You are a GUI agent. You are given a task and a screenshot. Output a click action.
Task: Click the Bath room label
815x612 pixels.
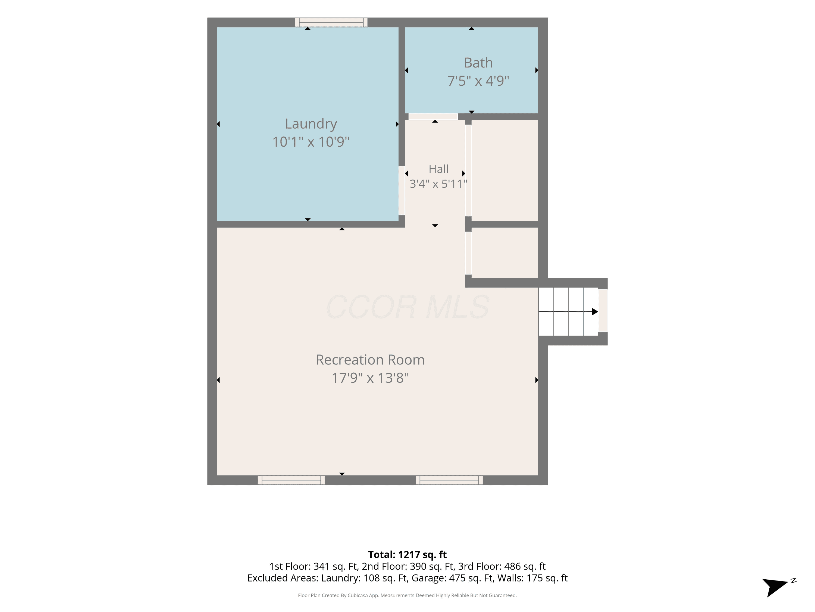coord(478,63)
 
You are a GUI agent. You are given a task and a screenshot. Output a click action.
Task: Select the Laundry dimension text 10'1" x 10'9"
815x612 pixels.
coord(311,142)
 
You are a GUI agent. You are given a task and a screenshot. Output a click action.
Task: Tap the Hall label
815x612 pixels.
coord(438,169)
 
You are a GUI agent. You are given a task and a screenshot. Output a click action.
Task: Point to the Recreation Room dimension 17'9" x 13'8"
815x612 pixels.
coord(370,378)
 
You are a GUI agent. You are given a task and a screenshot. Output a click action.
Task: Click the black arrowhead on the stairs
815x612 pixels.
coord(595,312)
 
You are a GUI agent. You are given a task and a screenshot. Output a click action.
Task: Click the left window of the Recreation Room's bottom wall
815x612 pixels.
coord(291,480)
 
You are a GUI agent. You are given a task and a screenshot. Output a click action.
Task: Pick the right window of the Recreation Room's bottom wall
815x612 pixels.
coord(449,480)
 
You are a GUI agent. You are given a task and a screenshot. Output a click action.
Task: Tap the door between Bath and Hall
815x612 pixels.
coord(433,117)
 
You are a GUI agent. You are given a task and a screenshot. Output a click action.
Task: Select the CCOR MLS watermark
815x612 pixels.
coord(407,307)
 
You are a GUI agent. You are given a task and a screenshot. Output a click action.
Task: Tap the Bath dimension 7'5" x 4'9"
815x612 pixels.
coord(478,81)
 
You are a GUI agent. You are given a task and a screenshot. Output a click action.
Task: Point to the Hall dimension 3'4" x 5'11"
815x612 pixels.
coord(438,184)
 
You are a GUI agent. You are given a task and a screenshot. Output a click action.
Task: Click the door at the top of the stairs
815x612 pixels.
coord(603,311)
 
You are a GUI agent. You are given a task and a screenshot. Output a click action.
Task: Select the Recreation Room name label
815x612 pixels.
coord(370,360)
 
